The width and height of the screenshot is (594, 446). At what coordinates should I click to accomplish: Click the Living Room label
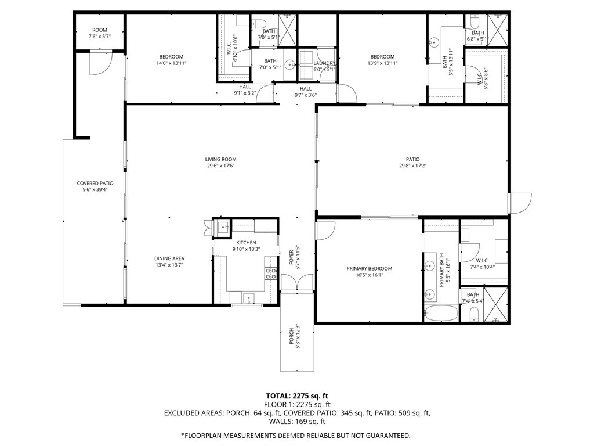[220, 159]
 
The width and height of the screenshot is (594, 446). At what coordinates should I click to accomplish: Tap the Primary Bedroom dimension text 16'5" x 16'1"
[369, 275]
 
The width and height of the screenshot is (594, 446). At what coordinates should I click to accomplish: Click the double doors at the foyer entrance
[296, 283]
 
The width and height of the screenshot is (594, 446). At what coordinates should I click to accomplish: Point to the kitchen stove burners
[271, 274]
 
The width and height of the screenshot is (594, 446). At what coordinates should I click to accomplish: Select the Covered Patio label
[95, 183]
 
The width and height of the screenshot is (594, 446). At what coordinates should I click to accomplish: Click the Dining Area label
[169, 258]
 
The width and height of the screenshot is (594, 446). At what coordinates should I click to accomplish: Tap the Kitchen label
[246, 243]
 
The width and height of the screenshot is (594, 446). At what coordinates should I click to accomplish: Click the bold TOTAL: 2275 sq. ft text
[297, 395]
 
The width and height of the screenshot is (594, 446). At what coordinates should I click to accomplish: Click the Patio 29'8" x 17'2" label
[412, 162]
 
